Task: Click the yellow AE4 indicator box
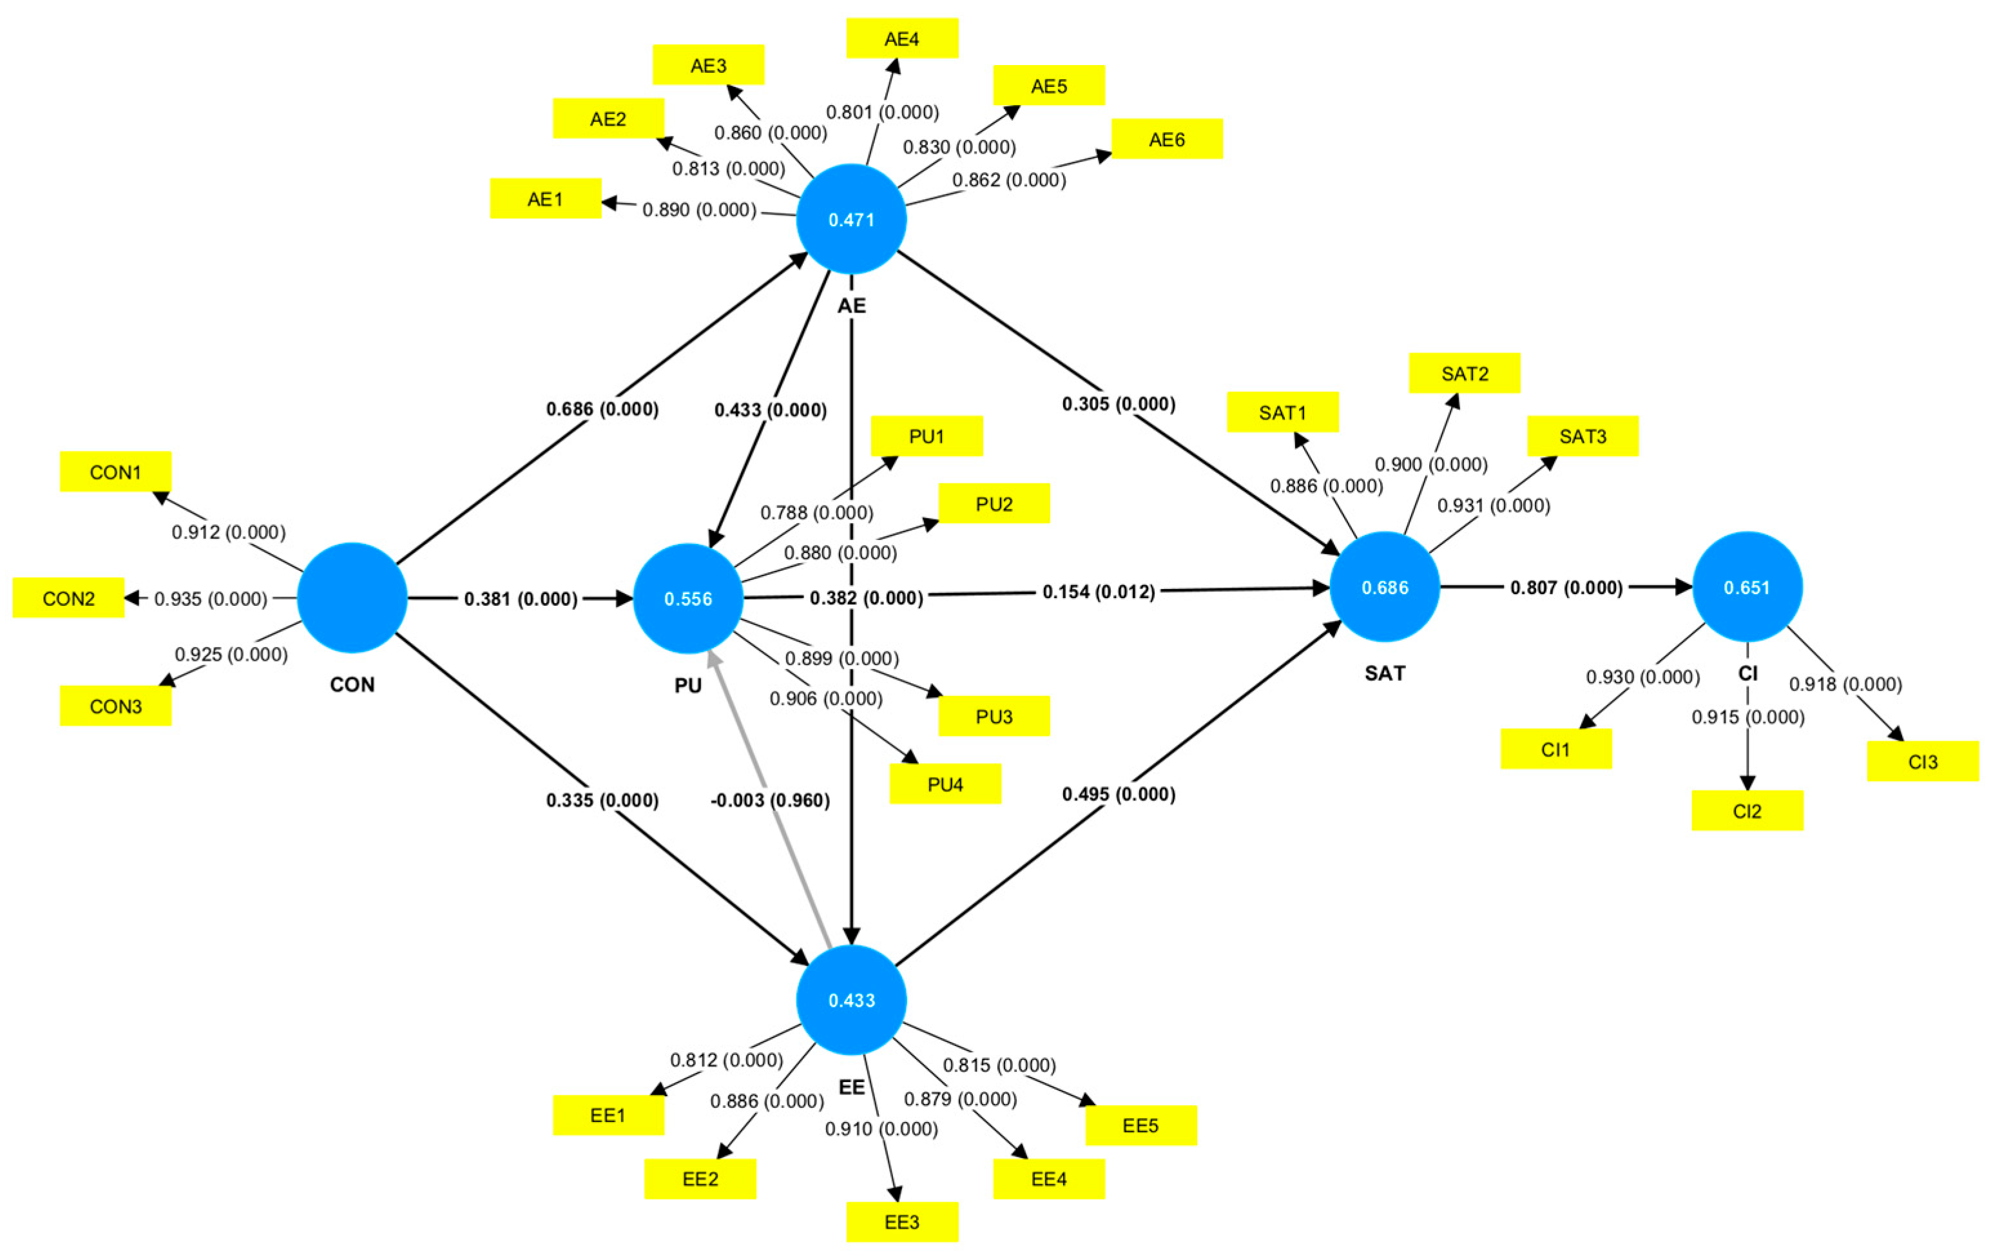pos(901,39)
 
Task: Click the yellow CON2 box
pos(69,598)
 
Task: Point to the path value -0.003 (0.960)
pos(770,800)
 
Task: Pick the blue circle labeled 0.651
pos(1746,587)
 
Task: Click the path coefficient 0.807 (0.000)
pos(1566,588)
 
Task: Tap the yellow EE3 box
pos(901,1222)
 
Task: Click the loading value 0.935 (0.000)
pos(211,599)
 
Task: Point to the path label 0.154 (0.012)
pos(1098,592)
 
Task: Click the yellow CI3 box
pos(1921,762)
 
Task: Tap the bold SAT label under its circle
pos(1384,673)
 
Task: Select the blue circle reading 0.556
pos(688,599)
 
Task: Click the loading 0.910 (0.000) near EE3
pos(881,1128)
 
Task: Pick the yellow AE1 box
pos(545,199)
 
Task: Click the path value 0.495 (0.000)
pos(1118,794)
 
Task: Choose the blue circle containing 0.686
pos(1384,587)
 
